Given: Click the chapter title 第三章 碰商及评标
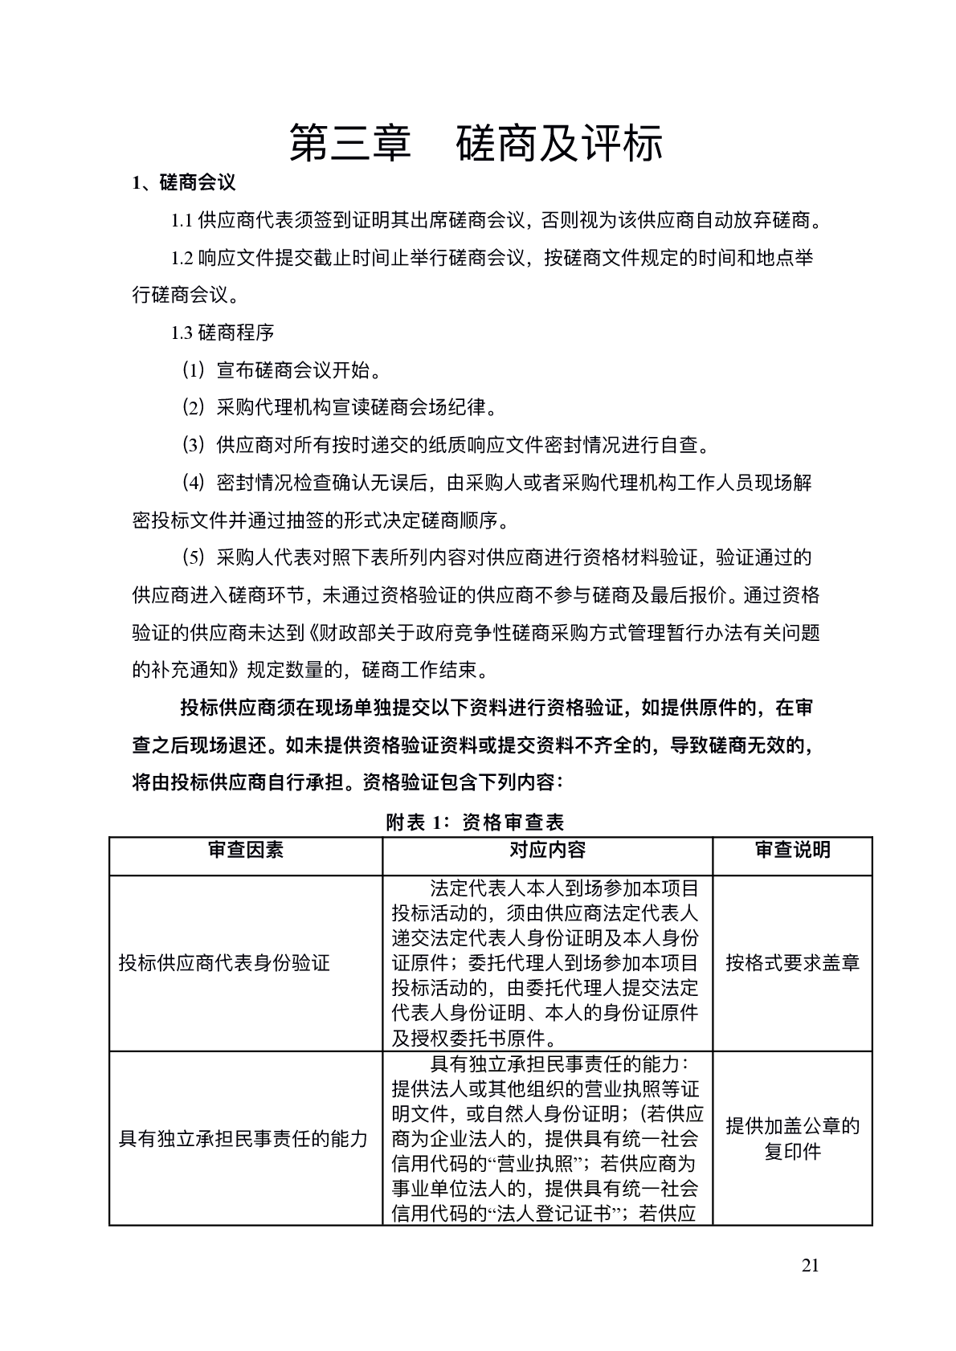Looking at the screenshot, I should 477,144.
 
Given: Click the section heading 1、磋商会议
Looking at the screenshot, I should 184,183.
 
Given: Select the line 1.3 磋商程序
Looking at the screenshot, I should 223,332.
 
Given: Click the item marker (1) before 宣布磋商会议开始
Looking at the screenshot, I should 194,370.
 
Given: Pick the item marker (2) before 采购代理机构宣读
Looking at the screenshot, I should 194,407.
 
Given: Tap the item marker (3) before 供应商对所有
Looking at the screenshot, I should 194,444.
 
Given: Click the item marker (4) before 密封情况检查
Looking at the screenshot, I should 194,482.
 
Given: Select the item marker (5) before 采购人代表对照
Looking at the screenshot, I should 194,557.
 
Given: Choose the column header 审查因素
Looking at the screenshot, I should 246,850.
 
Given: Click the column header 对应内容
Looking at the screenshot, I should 548,850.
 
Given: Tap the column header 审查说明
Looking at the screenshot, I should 792,850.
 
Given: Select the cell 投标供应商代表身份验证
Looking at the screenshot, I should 224,963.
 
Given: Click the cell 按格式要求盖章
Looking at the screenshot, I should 792,963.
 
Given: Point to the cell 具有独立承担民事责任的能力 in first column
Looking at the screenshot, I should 243,1138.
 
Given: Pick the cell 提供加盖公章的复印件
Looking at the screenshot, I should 792,1138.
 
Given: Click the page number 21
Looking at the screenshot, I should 810,1267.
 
